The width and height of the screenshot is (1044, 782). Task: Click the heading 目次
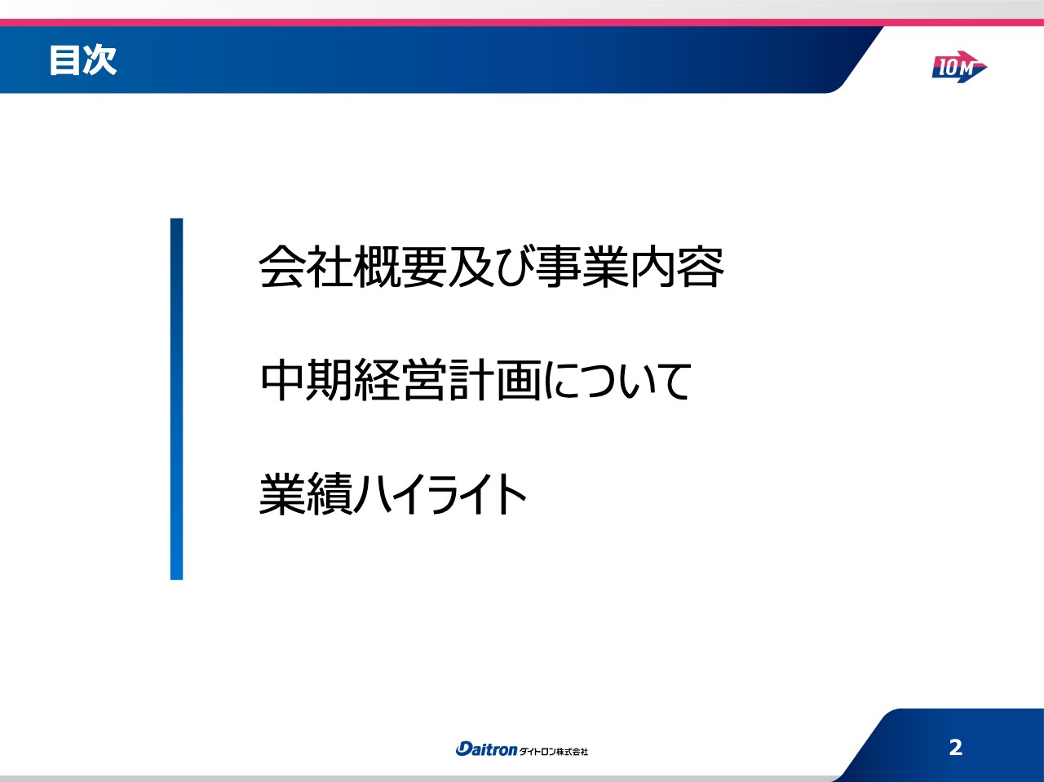[82, 60]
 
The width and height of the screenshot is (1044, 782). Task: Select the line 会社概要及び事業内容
[491, 267]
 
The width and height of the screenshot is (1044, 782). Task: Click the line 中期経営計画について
[476, 380]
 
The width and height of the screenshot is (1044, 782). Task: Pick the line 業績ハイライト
[393, 493]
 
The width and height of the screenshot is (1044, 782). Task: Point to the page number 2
[955, 747]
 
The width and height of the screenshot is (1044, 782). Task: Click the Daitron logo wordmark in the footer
[486, 749]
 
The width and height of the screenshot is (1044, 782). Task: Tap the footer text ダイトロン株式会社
[554, 751]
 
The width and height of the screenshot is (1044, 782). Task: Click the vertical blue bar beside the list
[176, 399]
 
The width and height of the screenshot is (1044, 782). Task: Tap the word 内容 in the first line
[677, 267]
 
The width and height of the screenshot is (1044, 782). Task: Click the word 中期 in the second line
[306, 380]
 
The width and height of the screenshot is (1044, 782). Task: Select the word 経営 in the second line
[400, 380]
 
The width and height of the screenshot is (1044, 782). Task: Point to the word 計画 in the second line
[494, 380]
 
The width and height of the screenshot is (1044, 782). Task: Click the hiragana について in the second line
[617, 380]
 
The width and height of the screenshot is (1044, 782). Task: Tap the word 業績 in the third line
[306, 493]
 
